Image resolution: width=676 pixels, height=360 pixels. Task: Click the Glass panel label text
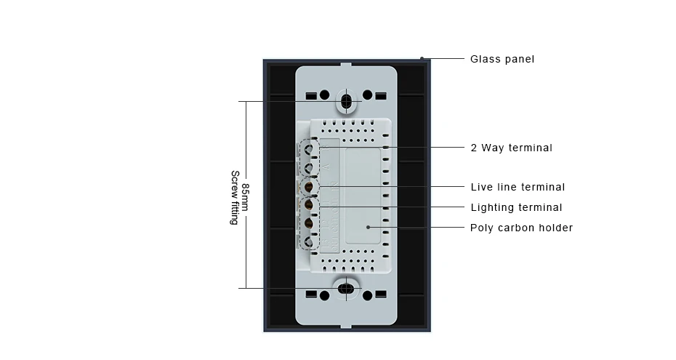(x=502, y=59)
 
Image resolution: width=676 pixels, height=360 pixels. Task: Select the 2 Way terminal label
(x=511, y=148)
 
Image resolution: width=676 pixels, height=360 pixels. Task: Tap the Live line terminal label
(x=518, y=187)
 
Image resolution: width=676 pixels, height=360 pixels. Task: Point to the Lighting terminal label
(x=517, y=207)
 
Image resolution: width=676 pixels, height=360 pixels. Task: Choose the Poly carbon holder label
(x=522, y=228)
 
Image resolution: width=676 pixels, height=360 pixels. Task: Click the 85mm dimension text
(x=245, y=198)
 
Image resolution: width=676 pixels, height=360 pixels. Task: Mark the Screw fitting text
(x=235, y=198)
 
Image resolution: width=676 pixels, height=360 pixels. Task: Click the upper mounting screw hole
(x=346, y=101)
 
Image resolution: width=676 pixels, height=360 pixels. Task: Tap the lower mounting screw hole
(x=346, y=289)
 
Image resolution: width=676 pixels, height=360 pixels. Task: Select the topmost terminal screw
(x=309, y=149)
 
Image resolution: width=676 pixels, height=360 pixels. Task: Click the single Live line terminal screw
(x=309, y=187)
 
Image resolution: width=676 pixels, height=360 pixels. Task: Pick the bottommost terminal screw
(x=309, y=242)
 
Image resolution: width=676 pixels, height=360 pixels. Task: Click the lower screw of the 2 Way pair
(x=309, y=168)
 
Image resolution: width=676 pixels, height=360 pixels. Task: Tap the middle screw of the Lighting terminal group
(x=309, y=223)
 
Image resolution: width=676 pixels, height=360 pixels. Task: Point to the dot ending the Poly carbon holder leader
(x=369, y=227)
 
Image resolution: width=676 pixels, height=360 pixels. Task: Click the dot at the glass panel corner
(x=422, y=59)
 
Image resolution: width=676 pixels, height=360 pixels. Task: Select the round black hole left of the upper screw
(x=325, y=95)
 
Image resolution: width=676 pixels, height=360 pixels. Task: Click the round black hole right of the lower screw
(x=367, y=295)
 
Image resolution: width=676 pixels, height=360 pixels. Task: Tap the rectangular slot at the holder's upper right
(x=381, y=96)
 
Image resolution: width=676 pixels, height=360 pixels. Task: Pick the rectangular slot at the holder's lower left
(x=311, y=295)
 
